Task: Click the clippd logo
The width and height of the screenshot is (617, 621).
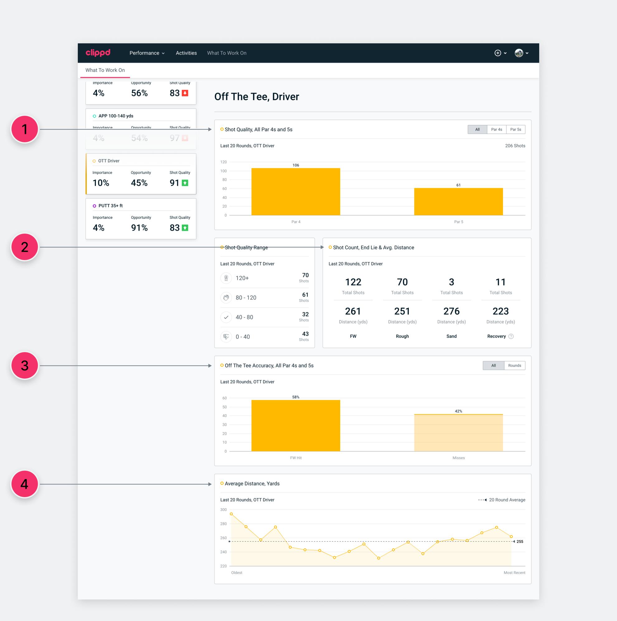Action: click(x=98, y=53)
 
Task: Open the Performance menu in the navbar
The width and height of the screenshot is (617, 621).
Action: click(x=147, y=53)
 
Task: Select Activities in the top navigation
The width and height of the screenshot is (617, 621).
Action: click(x=186, y=53)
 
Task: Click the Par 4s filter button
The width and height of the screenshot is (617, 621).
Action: click(x=496, y=130)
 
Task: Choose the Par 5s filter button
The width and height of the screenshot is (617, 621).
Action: click(x=516, y=130)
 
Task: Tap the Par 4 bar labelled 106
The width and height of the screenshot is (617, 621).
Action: click(x=295, y=192)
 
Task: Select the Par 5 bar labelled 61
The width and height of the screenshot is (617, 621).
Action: click(x=458, y=202)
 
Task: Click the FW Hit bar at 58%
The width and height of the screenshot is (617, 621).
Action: click(x=295, y=426)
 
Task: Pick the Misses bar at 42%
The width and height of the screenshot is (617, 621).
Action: click(x=458, y=432)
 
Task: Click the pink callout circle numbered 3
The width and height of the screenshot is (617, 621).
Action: click(x=25, y=365)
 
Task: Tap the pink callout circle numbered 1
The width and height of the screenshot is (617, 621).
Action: click(x=25, y=129)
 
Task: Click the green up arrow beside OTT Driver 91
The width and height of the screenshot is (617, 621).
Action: click(x=185, y=183)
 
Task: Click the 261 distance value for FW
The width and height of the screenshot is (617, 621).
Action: click(x=353, y=311)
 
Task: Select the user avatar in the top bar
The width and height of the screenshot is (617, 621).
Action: click(x=519, y=53)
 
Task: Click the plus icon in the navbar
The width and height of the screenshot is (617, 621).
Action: click(x=497, y=53)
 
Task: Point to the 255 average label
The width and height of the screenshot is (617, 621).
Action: click(x=520, y=542)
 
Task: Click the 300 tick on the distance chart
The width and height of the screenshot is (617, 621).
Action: click(x=224, y=510)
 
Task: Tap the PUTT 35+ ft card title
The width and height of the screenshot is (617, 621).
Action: click(x=111, y=206)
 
